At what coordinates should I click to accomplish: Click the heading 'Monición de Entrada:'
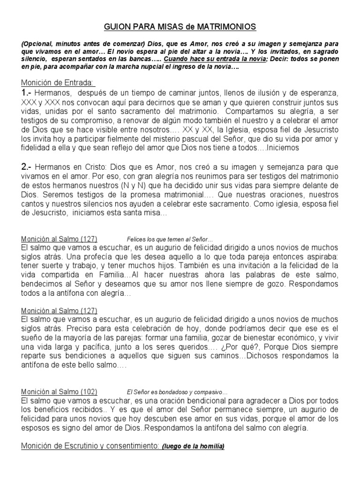pyautogui.click(x=58, y=83)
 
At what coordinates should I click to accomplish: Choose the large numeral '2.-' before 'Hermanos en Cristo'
pyautogui.click(x=30, y=167)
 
